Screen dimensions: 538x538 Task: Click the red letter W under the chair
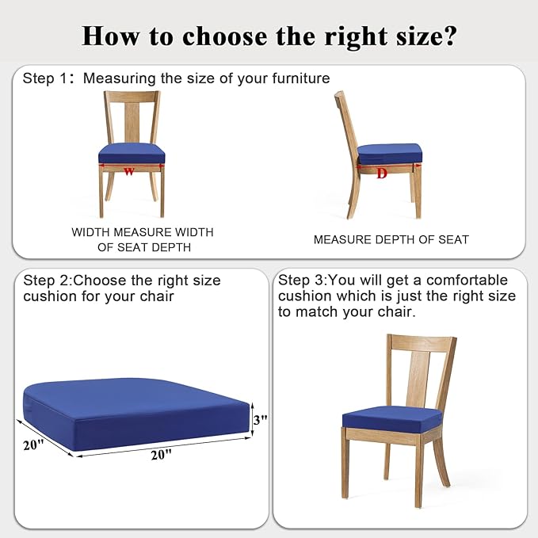pyautogui.click(x=128, y=171)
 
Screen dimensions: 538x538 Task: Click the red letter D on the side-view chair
pyautogui.click(x=382, y=174)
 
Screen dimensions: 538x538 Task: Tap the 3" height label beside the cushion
pyautogui.click(x=260, y=419)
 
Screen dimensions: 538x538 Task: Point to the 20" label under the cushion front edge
pyautogui.click(x=161, y=455)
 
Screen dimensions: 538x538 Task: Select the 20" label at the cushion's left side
pyautogui.click(x=33, y=445)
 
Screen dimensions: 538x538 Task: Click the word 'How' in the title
pyautogui.click(x=111, y=36)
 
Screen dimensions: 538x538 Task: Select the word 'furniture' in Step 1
pyautogui.click(x=301, y=78)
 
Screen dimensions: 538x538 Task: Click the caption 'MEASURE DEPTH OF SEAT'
pyautogui.click(x=391, y=240)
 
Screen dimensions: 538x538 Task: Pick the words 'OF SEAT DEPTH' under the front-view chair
pyautogui.click(x=144, y=247)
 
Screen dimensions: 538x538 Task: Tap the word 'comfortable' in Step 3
pyautogui.click(x=467, y=280)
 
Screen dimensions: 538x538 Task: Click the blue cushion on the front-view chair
pyautogui.click(x=132, y=153)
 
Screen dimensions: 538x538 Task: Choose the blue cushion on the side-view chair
pyautogui.click(x=389, y=154)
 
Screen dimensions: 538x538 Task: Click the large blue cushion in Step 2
pyautogui.click(x=136, y=414)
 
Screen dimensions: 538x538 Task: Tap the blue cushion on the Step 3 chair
pyautogui.click(x=392, y=419)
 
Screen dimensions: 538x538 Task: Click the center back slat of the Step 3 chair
pyautogui.click(x=418, y=380)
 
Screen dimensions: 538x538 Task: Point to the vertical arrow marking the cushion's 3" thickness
pyautogui.click(x=252, y=419)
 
